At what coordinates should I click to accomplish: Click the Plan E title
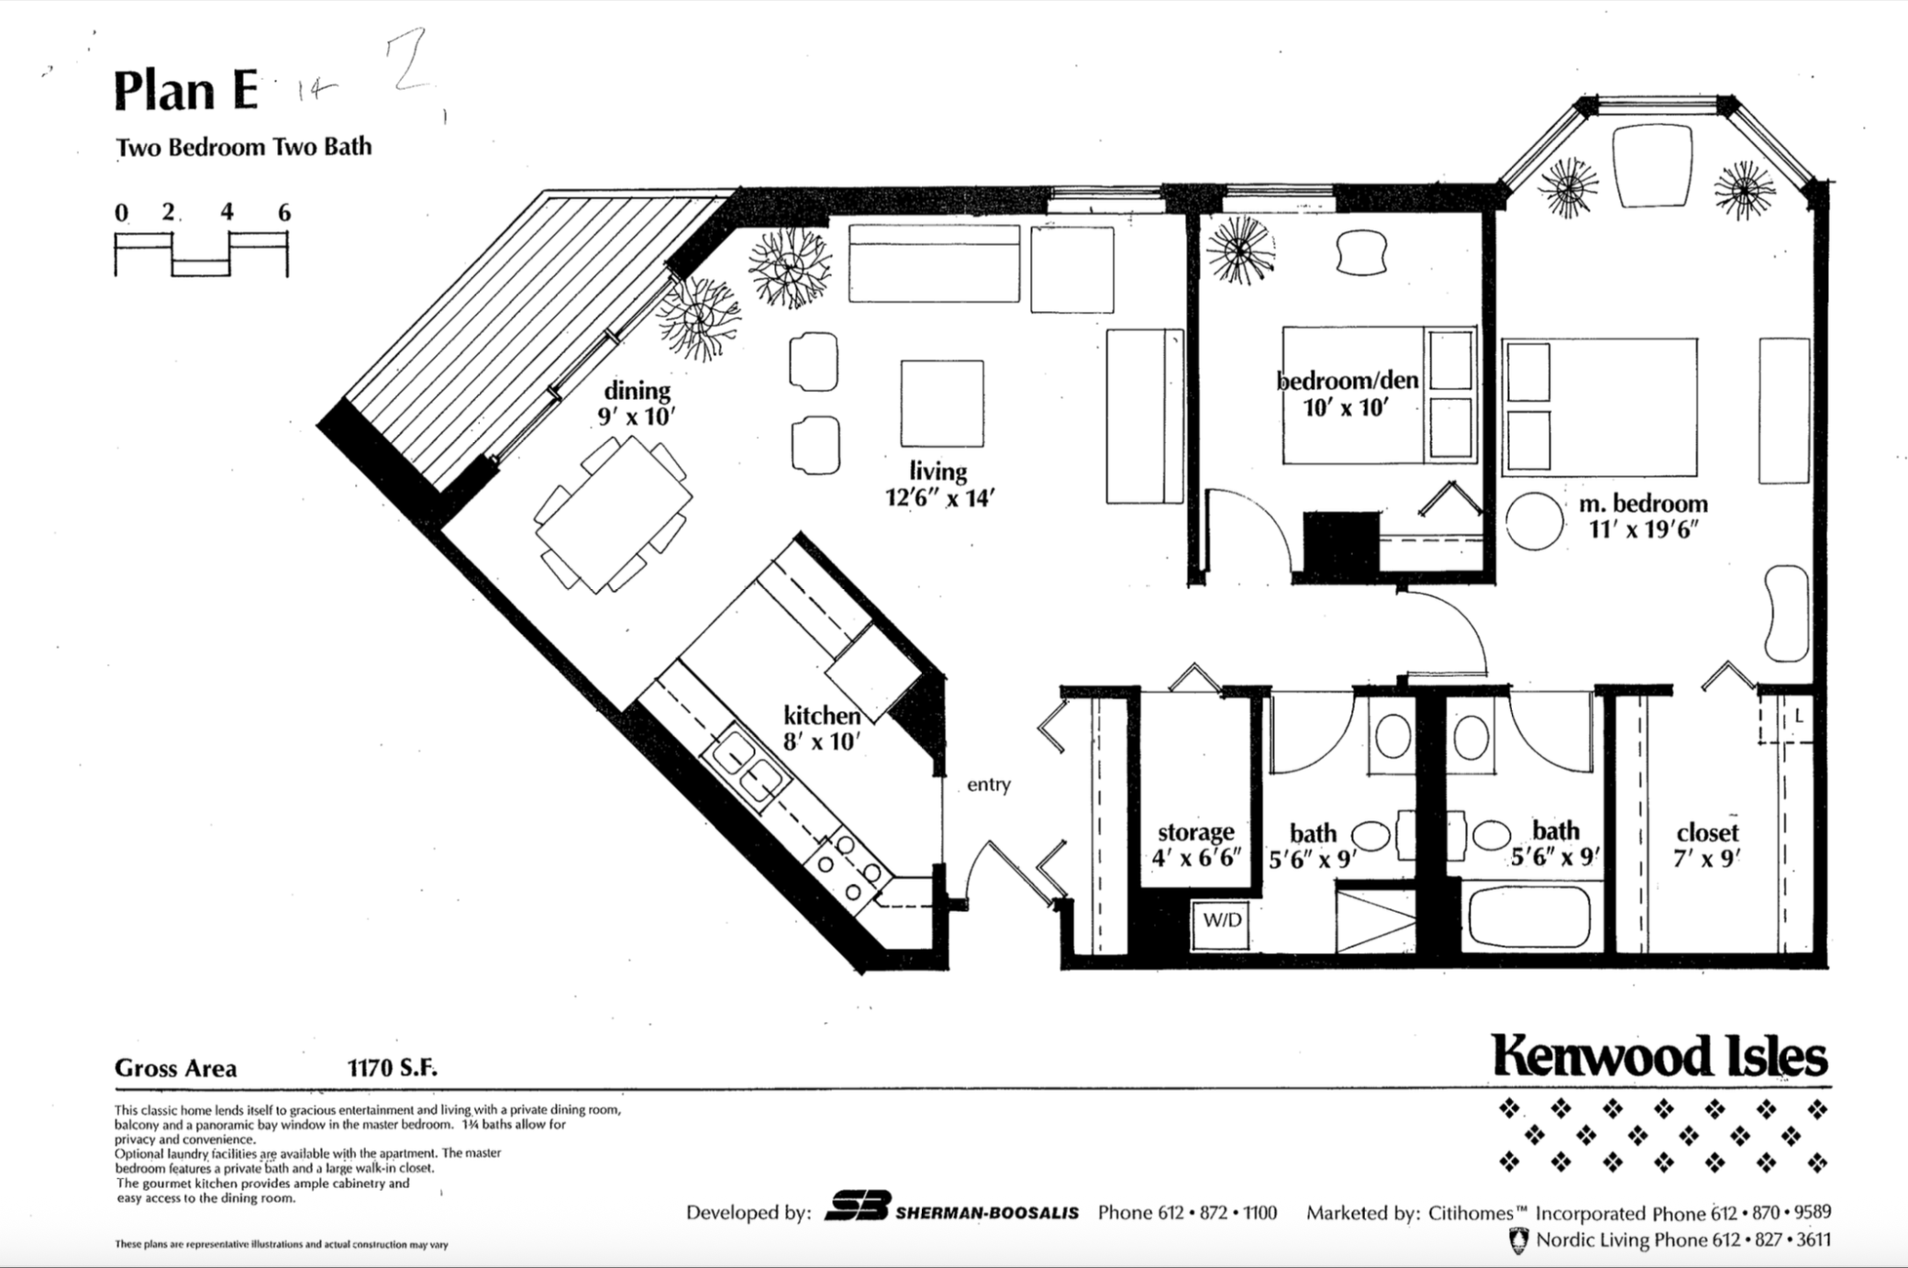click(x=185, y=92)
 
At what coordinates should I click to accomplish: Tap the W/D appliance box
click(x=1221, y=921)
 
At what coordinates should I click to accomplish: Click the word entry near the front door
click(x=988, y=784)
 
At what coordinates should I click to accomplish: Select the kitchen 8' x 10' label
click(x=822, y=728)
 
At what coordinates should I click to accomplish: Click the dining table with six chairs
click(x=613, y=514)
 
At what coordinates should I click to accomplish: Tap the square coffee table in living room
click(x=942, y=403)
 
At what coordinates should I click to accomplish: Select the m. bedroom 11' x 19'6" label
click(x=1643, y=516)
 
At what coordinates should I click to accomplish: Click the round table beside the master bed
click(x=1534, y=521)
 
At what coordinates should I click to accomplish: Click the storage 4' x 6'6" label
click(x=1195, y=844)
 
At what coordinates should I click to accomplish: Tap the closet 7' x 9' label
click(x=1706, y=844)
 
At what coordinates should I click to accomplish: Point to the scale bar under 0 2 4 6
click(x=201, y=254)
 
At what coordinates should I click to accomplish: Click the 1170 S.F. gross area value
click(x=392, y=1068)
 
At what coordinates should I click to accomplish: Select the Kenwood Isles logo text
click(x=1659, y=1056)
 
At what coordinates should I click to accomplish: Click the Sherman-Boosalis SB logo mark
click(x=857, y=1207)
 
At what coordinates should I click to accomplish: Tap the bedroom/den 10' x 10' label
click(x=1348, y=393)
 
